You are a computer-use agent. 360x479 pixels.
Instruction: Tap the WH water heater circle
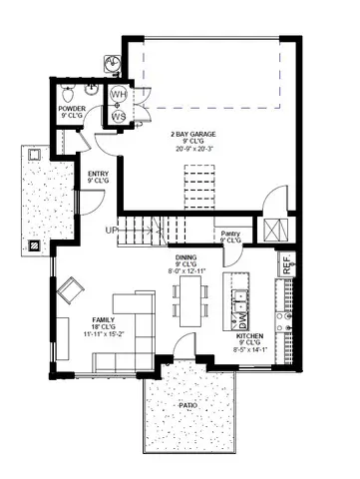[x=119, y=96]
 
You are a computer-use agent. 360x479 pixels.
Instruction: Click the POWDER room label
[x=72, y=110]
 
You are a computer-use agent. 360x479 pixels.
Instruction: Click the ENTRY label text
[x=98, y=175]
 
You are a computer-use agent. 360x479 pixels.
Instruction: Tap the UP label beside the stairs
[x=113, y=231]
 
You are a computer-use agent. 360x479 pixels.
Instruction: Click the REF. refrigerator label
[x=287, y=265]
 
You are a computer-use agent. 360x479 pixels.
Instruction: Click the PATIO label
[x=187, y=406]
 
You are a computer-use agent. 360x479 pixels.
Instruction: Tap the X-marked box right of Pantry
[x=272, y=228]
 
